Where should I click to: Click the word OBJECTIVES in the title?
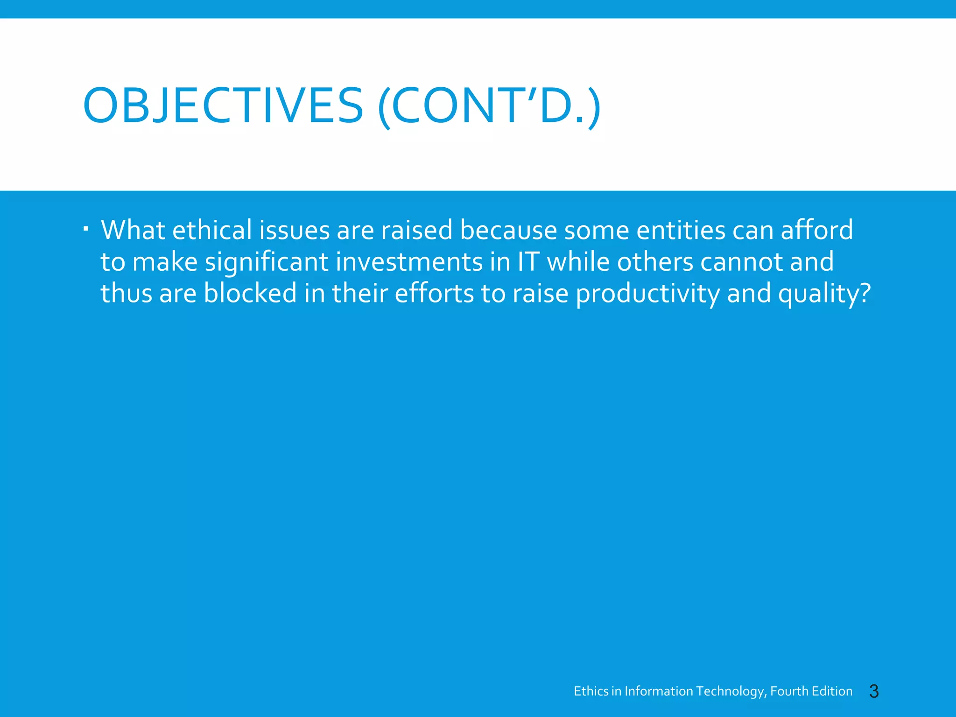(x=223, y=106)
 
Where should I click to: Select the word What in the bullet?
(x=133, y=230)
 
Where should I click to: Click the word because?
(x=508, y=230)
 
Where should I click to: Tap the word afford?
(x=817, y=230)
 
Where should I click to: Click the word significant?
(x=267, y=262)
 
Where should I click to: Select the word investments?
(x=409, y=261)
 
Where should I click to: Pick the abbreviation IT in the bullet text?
(x=528, y=261)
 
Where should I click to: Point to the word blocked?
(x=250, y=293)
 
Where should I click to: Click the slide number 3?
(x=874, y=691)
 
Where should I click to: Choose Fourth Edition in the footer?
(x=811, y=691)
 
